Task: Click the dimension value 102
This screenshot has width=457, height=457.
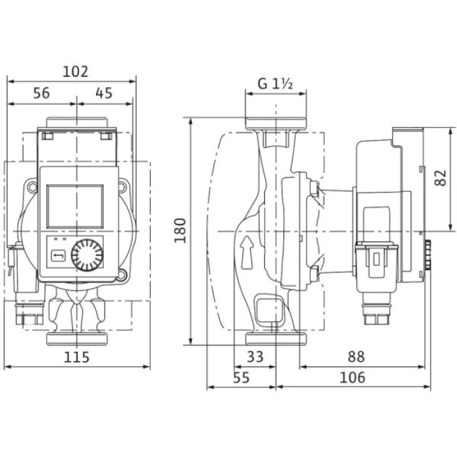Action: [77, 72]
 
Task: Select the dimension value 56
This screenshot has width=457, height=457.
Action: [41, 93]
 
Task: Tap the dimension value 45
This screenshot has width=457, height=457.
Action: [104, 93]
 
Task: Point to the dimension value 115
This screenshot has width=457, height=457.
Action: [77, 357]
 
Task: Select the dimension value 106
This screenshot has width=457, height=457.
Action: [353, 377]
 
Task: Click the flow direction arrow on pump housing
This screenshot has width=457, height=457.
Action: [246, 252]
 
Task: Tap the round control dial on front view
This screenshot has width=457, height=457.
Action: [86, 254]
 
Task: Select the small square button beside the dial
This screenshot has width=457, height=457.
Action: [58, 254]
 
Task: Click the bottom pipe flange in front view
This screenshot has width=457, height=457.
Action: [77, 339]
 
